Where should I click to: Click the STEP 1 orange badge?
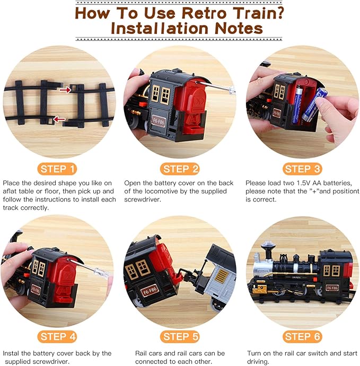(x=58, y=169)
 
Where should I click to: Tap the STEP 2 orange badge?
(x=180, y=169)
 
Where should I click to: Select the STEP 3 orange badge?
(x=302, y=169)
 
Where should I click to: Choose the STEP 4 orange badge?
(x=58, y=336)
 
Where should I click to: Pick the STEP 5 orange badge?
(x=180, y=336)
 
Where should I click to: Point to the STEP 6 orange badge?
(x=302, y=336)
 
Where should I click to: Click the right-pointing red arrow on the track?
(x=65, y=90)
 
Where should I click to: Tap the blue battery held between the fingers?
(x=314, y=105)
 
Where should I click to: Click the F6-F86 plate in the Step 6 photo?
(x=332, y=287)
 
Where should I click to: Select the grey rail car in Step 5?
(x=217, y=276)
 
